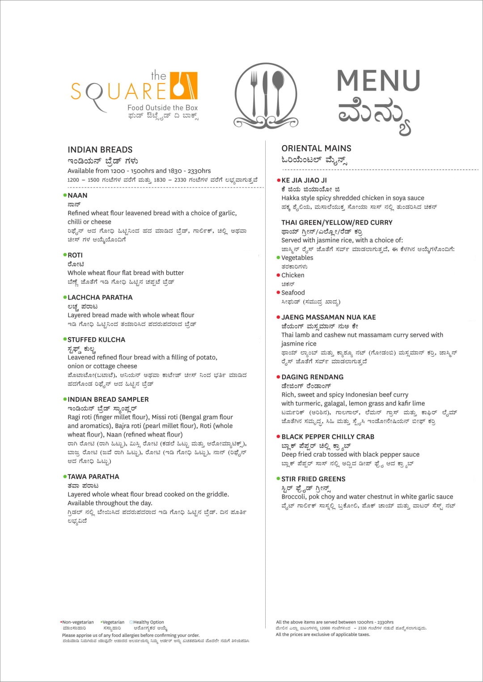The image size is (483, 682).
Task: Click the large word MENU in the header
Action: [x=378, y=80]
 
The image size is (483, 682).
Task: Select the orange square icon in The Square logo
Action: [x=184, y=85]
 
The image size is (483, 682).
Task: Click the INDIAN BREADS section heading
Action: [x=100, y=150]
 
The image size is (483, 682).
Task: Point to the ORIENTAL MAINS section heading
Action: [x=316, y=148]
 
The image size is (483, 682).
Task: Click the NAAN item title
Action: [x=77, y=195]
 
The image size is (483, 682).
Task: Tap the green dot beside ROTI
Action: [x=65, y=255]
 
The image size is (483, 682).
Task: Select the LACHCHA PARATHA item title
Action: [x=100, y=297]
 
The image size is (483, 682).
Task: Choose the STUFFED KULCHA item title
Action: [x=96, y=339]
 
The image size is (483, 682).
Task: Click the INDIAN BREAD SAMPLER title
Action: [x=108, y=399]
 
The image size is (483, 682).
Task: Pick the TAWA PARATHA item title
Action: [x=93, y=477]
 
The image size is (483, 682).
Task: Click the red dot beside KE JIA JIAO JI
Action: [x=279, y=180]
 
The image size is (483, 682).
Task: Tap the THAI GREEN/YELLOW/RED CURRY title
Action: [x=337, y=222]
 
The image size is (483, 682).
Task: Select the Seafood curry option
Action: [x=293, y=293]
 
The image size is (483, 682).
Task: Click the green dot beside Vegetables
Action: [x=278, y=257]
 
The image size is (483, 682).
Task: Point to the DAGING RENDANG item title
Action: [x=312, y=377]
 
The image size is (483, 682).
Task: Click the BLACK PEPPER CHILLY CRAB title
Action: [x=328, y=437]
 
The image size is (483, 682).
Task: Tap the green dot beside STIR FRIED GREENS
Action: [x=278, y=479]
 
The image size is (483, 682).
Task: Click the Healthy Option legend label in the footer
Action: [x=148, y=622]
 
